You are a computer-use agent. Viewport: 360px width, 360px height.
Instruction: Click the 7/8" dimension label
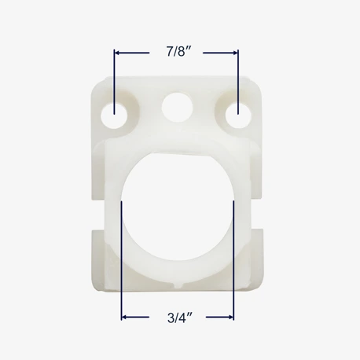178,52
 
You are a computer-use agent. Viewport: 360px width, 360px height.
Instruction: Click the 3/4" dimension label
180,318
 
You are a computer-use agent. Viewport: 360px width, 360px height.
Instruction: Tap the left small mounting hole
114,116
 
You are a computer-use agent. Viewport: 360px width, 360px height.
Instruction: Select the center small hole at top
178,107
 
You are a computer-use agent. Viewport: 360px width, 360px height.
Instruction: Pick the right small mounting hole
238,116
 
